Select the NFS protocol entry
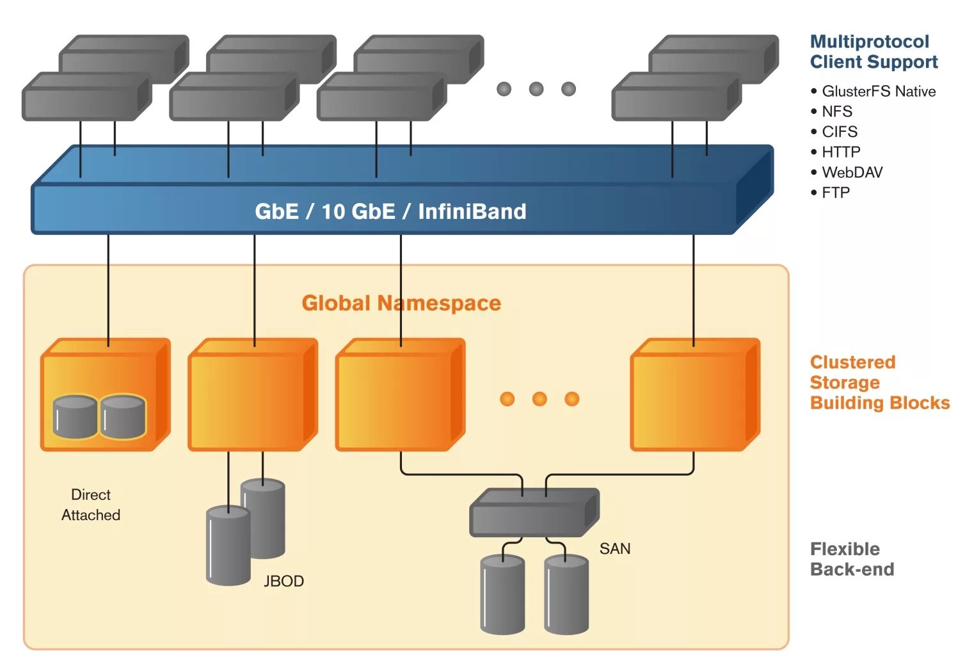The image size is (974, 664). tap(831, 112)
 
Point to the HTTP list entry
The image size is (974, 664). tap(835, 152)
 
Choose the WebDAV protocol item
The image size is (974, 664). tap(847, 173)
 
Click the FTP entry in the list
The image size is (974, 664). tap(830, 193)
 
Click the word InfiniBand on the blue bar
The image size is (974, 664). tap(472, 212)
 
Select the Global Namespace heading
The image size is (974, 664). tap(401, 304)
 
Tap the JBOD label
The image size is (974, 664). tap(283, 581)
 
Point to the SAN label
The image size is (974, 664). tap(615, 549)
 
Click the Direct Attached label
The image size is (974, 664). tap(91, 505)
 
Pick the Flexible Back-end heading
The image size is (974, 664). tap(852, 559)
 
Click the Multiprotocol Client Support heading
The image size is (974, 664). tap(874, 52)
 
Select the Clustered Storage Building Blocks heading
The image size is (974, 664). tap(880, 382)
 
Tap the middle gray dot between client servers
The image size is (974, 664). tap(536, 89)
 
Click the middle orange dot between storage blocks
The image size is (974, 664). tap(539, 398)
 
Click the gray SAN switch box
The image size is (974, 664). tap(534, 513)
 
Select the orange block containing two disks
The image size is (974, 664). tap(105, 394)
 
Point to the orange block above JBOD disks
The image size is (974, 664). tap(253, 394)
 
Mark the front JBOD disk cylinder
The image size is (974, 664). tap(228, 546)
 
